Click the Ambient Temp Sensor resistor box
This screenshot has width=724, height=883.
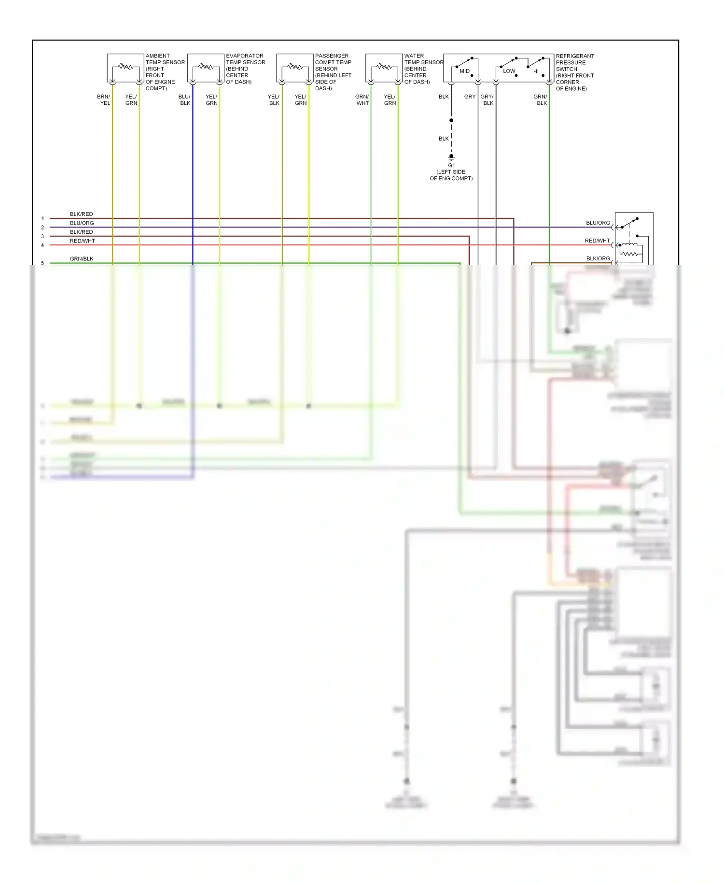tap(125, 68)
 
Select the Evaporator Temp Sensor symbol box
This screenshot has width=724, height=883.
tap(206, 68)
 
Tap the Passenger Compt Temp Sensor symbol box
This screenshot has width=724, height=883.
tap(295, 68)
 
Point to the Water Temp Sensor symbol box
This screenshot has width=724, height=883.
tap(384, 68)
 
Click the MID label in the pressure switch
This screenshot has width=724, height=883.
tap(464, 71)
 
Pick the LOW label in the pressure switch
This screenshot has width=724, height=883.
tap(509, 71)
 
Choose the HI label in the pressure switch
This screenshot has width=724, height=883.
tap(536, 71)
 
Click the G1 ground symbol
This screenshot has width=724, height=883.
tap(451, 157)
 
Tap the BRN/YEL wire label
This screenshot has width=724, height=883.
tap(104, 100)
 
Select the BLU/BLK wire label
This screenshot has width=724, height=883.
tap(184, 100)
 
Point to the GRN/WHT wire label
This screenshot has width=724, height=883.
tap(362, 100)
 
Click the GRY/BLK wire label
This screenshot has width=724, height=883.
tap(487, 100)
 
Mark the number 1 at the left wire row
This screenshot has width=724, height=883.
tap(42, 219)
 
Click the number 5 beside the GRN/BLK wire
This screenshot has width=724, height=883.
tap(42, 263)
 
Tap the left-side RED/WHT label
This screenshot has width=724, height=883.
tap(83, 241)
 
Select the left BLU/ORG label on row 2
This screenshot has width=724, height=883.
tap(82, 223)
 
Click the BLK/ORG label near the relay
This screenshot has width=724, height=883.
tap(598, 258)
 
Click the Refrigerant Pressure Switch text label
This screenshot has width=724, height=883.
tap(574, 72)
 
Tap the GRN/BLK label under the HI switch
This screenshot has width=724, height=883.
tap(541, 100)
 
